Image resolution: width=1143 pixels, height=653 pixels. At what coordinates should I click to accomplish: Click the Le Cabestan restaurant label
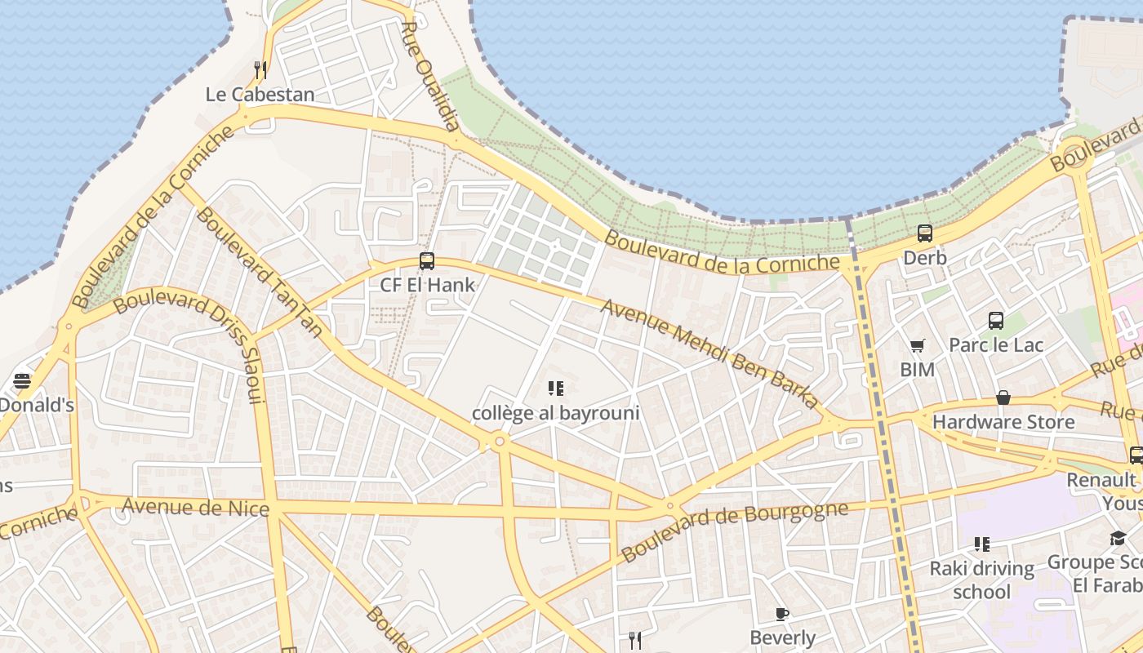point(260,94)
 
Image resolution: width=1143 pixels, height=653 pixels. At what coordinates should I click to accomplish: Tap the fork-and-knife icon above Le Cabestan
point(260,69)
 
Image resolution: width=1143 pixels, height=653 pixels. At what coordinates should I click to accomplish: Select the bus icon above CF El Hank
point(427,261)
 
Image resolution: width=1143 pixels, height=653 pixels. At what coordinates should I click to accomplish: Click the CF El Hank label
point(427,285)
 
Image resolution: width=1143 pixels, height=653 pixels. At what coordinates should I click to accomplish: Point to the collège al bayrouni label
point(555,413)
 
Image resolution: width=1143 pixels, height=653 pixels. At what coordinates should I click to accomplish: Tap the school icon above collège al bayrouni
point(556,389)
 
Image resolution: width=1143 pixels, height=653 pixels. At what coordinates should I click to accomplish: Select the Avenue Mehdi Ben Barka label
point(709,353)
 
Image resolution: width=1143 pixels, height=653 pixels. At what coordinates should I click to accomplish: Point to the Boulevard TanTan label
point(259,271)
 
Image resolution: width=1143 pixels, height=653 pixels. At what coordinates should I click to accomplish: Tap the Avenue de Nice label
point(195,507)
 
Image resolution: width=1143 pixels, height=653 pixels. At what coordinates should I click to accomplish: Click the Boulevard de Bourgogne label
point(734,531)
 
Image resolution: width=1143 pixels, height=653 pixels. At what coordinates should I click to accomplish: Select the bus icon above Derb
point(925,233)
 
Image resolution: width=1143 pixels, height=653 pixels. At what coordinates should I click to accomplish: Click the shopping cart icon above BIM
point(918,346)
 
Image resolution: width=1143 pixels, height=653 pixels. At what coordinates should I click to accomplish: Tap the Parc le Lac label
point(996,344)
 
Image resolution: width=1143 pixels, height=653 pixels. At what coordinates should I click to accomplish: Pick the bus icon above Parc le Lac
point(996,321)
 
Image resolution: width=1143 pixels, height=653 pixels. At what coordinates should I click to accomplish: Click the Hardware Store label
point(1003,422)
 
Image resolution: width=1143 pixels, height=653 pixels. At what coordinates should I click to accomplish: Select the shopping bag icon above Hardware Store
point(1003,398)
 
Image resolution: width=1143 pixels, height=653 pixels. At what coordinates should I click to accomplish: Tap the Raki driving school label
point(981,580)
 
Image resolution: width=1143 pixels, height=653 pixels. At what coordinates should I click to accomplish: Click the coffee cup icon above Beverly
point(782,614)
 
